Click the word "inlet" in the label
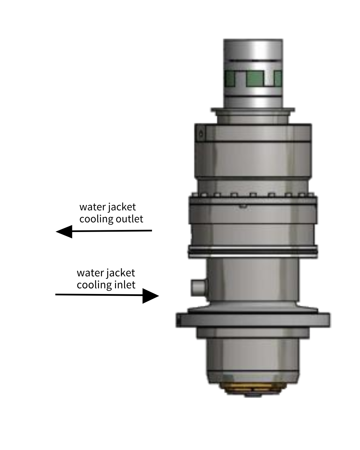[125, 285]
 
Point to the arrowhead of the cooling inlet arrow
[151, 295]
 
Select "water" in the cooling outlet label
[92, 207]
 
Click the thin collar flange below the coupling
[252, 110]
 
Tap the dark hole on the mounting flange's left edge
[179, 320]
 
